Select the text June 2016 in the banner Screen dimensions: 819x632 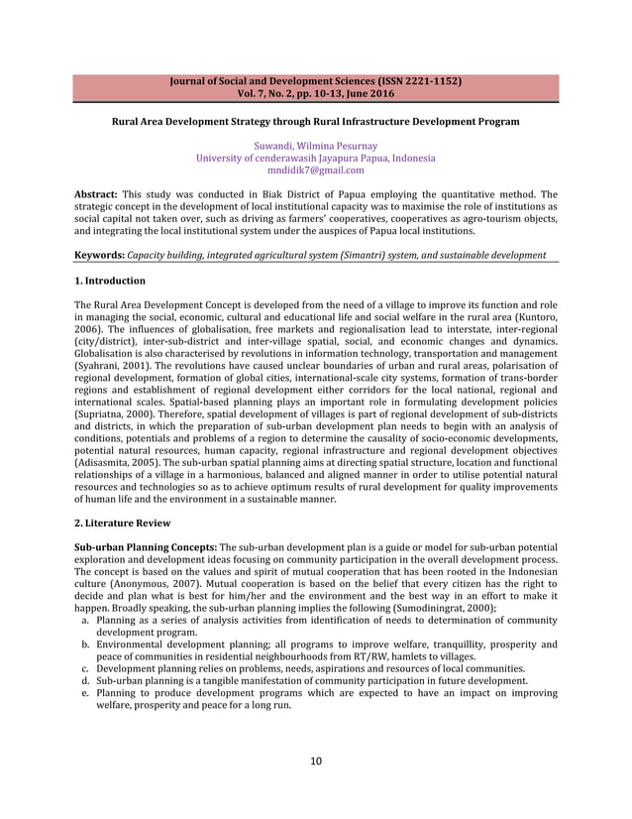368,93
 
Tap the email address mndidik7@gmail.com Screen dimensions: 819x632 315,170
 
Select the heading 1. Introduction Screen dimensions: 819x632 110,281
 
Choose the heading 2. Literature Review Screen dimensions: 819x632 123,523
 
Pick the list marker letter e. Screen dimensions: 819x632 86,693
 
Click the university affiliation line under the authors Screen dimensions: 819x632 315,158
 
